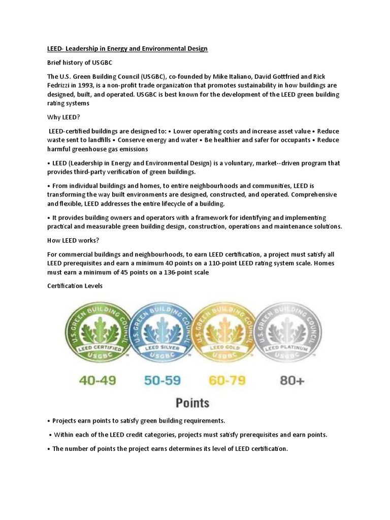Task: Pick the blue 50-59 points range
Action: tap(161, 381)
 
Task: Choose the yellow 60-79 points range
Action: tap(227, 381)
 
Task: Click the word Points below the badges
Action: tap(192, 403)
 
